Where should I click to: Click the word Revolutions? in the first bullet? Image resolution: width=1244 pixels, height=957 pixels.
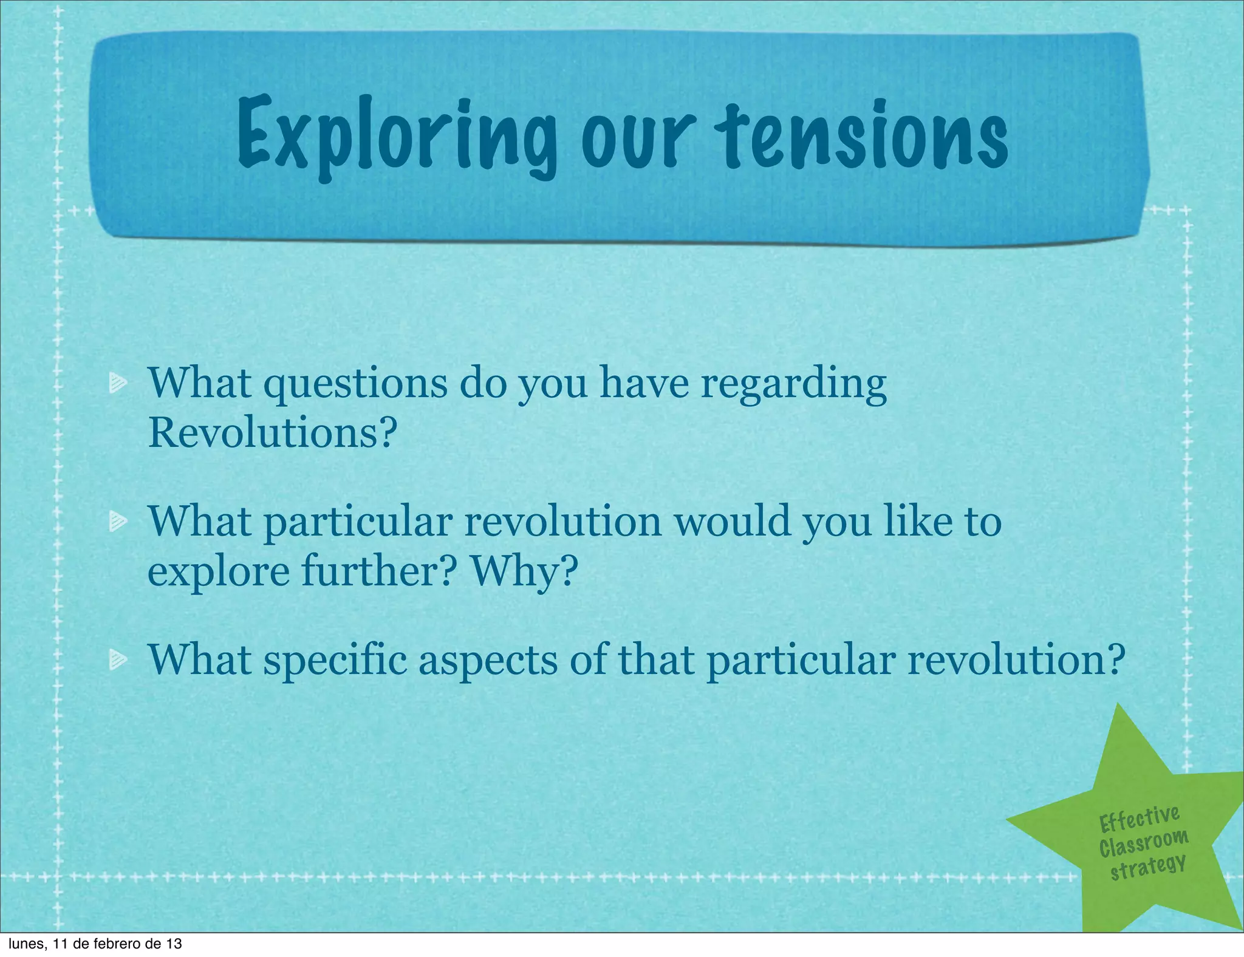click(x=273, y=432)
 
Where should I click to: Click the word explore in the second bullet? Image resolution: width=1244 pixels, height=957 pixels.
click(x=219, y=573)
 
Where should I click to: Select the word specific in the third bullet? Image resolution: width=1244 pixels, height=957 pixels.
click(x=335, y=661)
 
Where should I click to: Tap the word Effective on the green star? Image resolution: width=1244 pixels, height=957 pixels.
click(x=1140, y=819)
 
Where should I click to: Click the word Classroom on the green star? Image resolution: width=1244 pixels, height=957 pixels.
click(x=1143, y=843)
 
